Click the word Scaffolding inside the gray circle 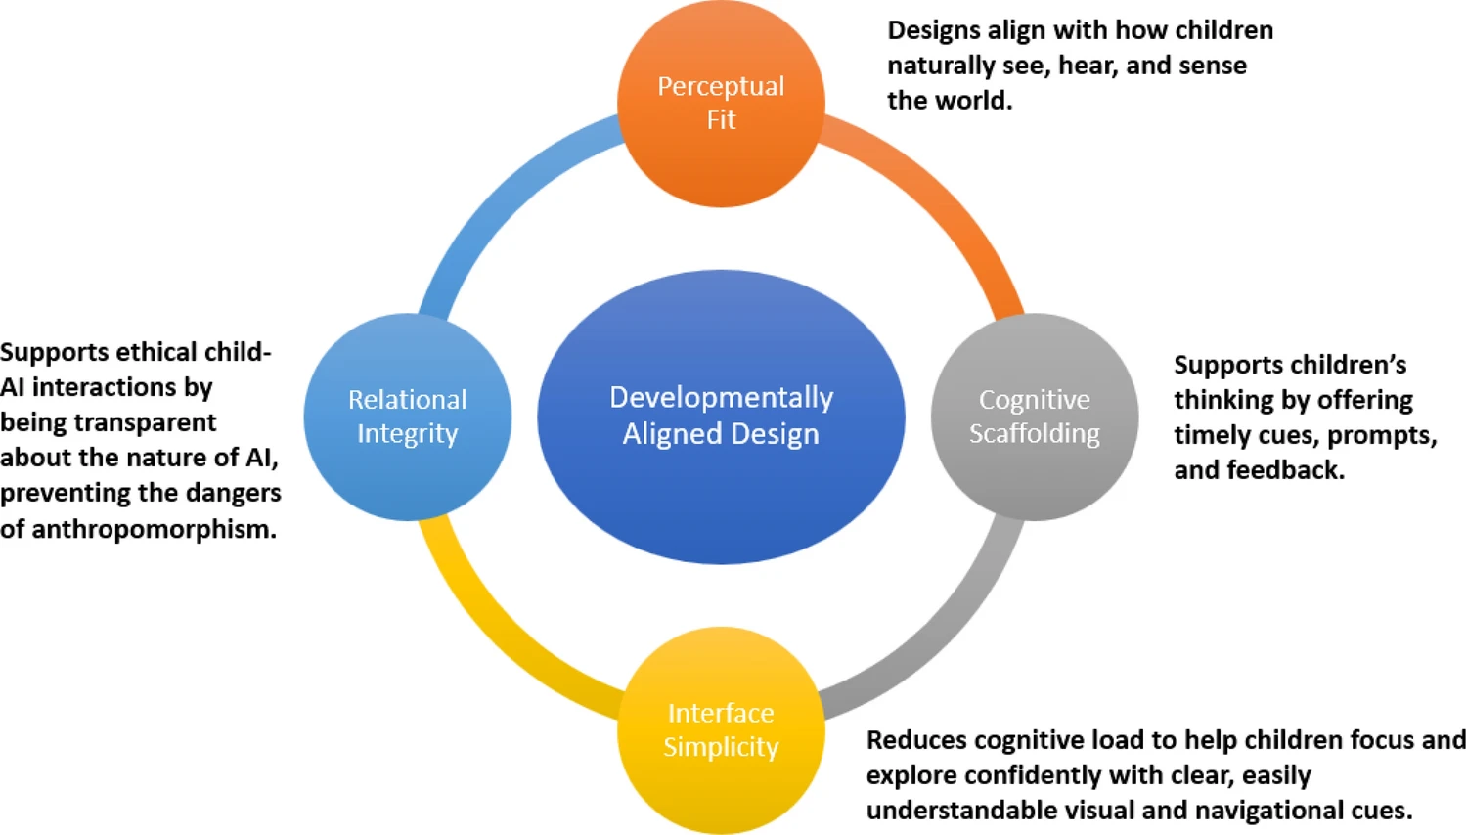[x=1034, y=433]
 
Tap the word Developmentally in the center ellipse [x=721, y=397]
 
